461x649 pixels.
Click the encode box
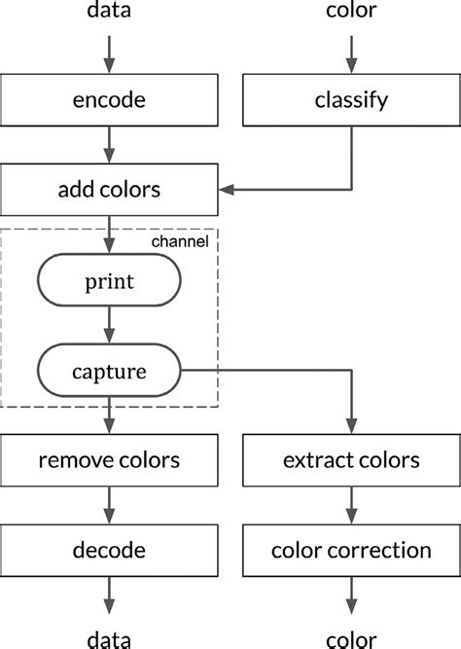tap(109, 99)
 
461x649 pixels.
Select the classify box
tap(350, 99)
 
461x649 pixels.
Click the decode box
tap(109, 550)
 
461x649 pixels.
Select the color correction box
tap(350, 550)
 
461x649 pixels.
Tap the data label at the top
tap(109, 13)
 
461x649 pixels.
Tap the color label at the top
tap(350, 13)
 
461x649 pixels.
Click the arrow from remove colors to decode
tap(109, 504)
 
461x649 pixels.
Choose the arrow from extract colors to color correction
tap(350, 504)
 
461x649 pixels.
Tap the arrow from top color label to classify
tap(350, 53)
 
